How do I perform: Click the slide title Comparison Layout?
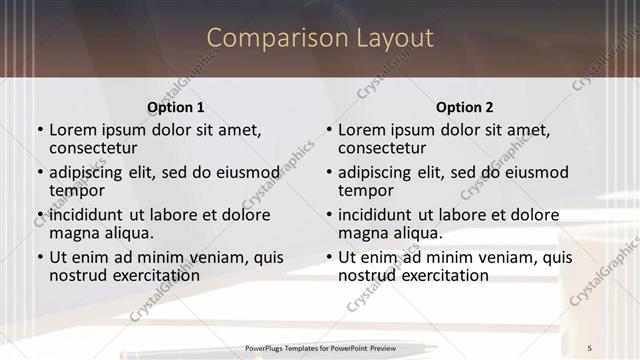tap(320, 38)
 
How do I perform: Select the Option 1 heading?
tap(176, 107)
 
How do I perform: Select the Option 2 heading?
tap(465, 107)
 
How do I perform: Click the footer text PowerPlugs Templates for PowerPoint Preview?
tap(320, 347)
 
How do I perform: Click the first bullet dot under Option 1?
tap(40, 130)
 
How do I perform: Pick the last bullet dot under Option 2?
tap(329, 257)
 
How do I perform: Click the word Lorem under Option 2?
tap(361, 129)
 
